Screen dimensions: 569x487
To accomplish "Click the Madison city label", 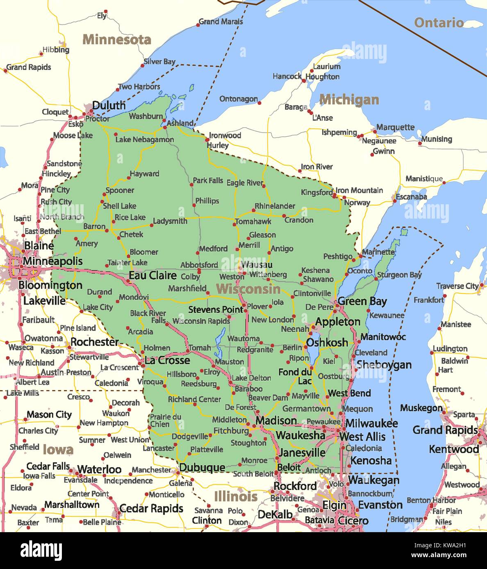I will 276,421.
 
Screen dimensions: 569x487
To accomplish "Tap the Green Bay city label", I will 362,302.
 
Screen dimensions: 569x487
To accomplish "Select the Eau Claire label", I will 152,275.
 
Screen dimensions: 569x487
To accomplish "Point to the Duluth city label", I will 109,106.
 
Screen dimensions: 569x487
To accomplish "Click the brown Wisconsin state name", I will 248,289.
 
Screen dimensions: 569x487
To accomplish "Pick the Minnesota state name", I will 117,40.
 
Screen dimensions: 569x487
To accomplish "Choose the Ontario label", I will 439,23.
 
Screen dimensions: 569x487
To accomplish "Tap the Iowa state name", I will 58,450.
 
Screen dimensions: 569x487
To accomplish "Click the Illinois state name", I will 236,497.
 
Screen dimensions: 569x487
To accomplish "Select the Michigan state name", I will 349,99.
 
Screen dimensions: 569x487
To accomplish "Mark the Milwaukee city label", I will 371,423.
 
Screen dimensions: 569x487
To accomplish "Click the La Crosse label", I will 167,361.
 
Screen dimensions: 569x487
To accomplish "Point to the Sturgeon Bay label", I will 399,275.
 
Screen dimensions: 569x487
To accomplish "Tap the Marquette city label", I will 395,127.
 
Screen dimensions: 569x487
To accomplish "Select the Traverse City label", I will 457,286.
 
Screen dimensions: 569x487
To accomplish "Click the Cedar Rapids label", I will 151,508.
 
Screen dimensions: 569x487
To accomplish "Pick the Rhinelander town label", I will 275,206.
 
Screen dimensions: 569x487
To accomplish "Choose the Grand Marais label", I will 221,22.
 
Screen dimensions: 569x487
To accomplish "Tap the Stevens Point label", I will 216,310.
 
